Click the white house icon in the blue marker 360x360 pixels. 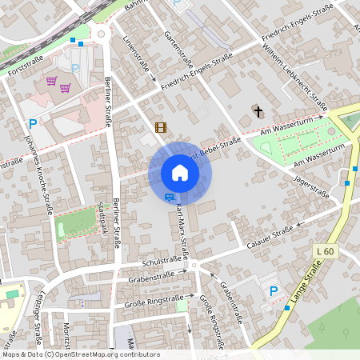[180, 173]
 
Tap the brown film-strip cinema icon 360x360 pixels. [161, 127]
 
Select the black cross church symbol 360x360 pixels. [258, 111]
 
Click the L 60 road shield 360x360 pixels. [324, 252]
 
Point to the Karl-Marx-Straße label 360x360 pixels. [181, 230]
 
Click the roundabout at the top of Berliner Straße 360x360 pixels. [101, 34]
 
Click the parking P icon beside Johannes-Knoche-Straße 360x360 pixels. [33, 123]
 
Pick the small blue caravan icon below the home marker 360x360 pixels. [169, 196]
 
